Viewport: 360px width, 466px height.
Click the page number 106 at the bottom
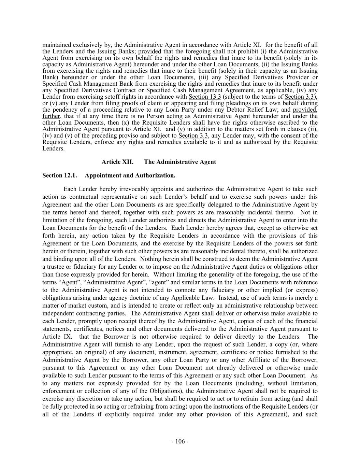(x=180, y=441)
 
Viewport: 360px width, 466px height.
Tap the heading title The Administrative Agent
(x=180, y=162)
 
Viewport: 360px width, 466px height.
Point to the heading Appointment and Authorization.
(x=130, y=175)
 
